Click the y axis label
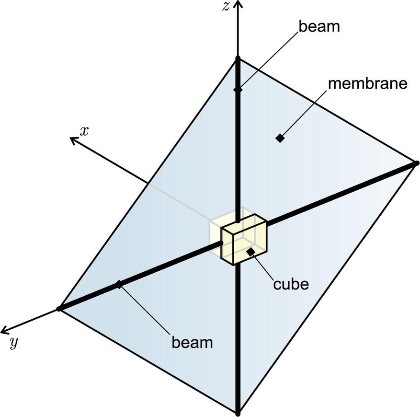click(x=13, y=343)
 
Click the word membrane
click(x=367, y=83)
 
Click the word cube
click(x=291, y=284)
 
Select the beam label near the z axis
click(x=319, y=26)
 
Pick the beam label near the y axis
click(x=192, y=343)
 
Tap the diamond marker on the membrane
click(x=280, y=139)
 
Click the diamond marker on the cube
click(x=250, y=252)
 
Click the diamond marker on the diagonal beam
click(x=119, y=285)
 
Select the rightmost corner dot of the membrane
click(x=417, y=163)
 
